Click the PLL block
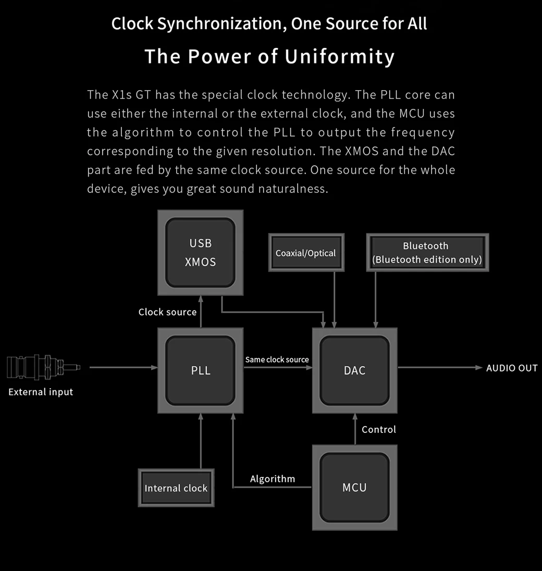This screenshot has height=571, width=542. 201,370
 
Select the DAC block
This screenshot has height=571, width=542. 354,370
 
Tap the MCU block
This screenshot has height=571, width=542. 354,488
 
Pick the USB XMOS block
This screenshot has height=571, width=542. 201,253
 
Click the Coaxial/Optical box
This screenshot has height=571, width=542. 306,253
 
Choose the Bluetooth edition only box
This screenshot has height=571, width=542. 427,253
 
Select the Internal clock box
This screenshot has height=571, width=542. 176,488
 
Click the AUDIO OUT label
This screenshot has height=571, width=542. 512,368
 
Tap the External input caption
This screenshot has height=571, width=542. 41,392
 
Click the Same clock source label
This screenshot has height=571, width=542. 277,359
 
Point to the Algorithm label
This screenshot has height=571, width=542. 273,479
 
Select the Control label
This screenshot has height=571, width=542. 379,429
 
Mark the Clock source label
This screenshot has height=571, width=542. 167,312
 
